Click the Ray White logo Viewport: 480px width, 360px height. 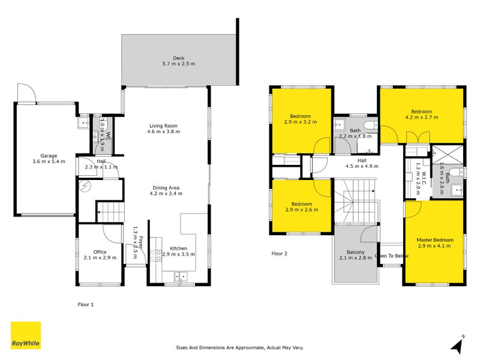tap(26, 335)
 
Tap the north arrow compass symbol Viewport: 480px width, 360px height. tap(457, 344)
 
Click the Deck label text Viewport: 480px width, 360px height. tap(178, 61)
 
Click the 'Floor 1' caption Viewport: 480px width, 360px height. tap(86, 305)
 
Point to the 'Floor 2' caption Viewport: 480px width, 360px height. tap(280, 254)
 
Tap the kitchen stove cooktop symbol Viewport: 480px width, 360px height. tap(157, 253)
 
